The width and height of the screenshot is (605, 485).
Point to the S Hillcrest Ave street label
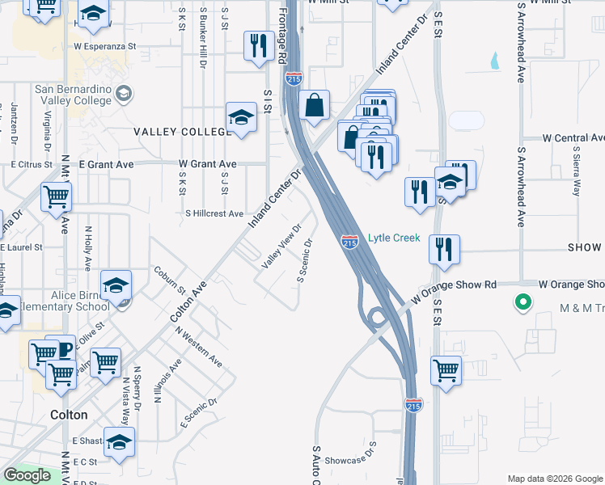coord(214,214)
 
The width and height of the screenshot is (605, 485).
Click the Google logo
coord(27,475)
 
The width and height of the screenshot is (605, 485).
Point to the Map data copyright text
coord(554,478)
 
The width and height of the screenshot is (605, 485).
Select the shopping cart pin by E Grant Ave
coord(56,195)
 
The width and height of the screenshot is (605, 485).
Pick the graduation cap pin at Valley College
coord(241,117)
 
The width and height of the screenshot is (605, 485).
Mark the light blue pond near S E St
coord(493,59)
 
